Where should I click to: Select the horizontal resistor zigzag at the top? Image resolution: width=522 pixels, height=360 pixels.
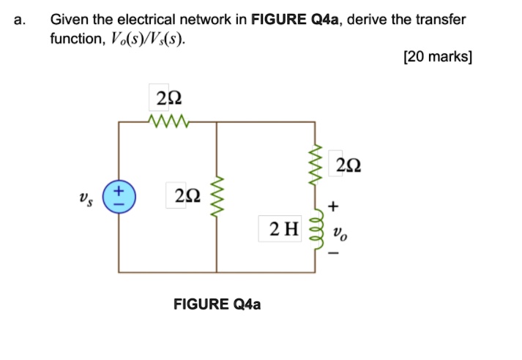168,121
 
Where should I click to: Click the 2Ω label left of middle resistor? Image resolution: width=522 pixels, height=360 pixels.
187,195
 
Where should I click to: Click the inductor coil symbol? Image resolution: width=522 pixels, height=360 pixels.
317,231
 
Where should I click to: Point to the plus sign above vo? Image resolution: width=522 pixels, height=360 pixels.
335,207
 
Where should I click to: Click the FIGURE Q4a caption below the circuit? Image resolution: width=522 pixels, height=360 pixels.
217,304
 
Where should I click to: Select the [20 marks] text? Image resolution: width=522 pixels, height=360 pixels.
437,57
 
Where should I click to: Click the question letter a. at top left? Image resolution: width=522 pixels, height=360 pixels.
19,20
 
